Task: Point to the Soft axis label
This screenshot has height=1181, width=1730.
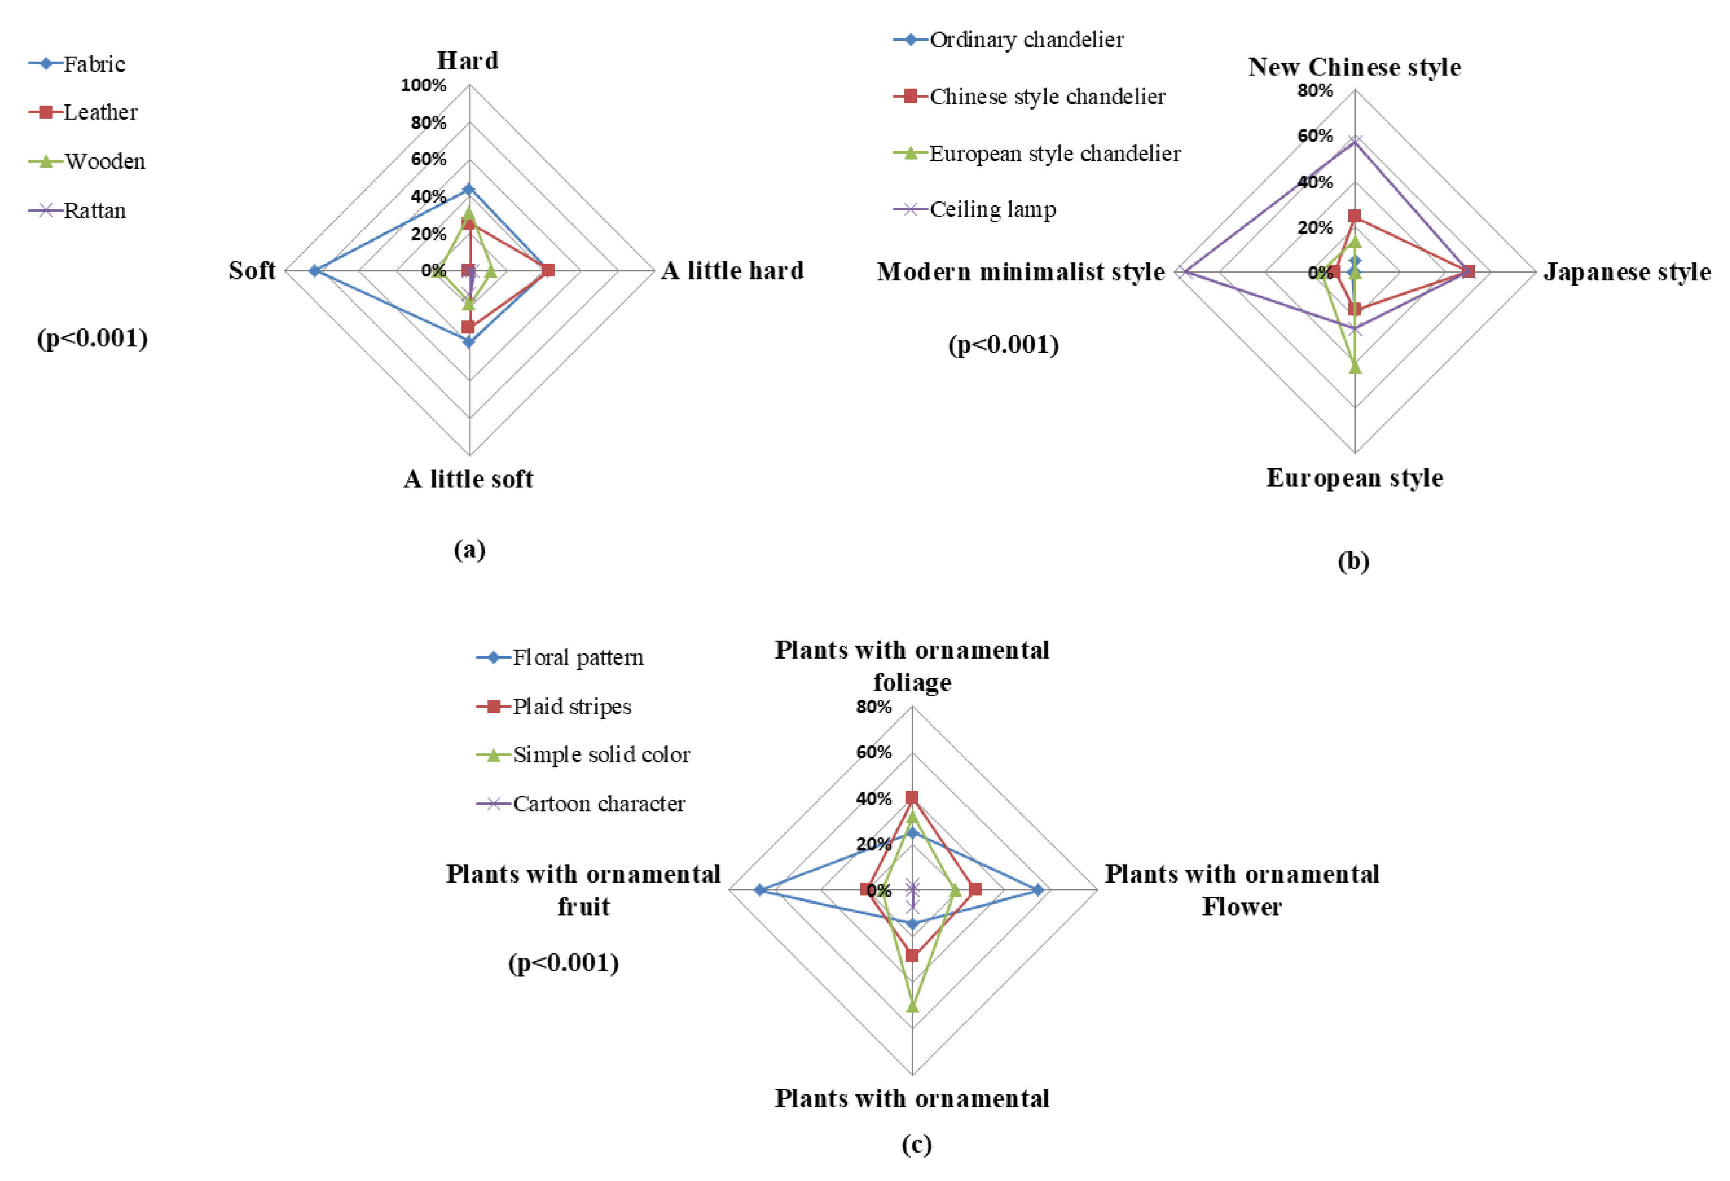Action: click(252, 270)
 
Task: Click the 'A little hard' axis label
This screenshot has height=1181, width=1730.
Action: click(733, 270)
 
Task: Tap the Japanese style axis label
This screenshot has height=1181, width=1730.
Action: click(1627, 272)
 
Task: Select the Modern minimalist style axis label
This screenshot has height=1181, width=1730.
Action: click(1021, 272)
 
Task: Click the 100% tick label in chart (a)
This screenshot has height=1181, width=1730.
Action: click(423, 86)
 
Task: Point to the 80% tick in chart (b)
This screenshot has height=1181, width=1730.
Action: click(1315, 91)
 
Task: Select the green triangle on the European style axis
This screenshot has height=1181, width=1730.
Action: click(1355, 366)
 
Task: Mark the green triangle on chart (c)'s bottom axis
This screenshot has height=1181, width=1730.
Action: click(912, 1006)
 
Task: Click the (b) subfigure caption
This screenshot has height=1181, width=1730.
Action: click(1353, 561)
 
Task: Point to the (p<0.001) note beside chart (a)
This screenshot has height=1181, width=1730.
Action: click(92, 338)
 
